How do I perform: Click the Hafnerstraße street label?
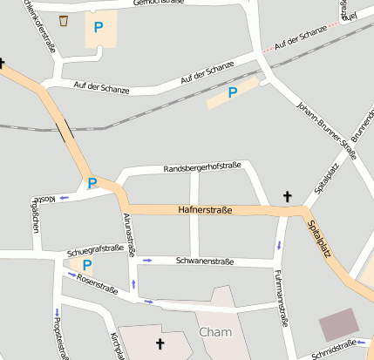206,210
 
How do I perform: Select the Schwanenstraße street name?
205,261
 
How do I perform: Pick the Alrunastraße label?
129,234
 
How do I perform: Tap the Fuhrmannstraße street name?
280,297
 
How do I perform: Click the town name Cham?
215,332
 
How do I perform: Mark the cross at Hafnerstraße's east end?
288,197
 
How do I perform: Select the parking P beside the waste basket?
99,28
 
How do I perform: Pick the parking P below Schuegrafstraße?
87,265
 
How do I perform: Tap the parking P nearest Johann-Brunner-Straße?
233,92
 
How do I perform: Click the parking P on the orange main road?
92,183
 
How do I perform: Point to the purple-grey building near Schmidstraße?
338,324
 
